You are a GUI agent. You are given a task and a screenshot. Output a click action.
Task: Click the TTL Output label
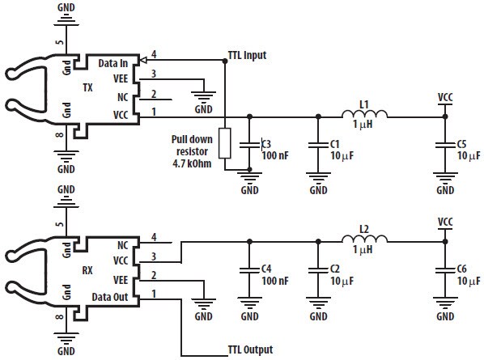click(247, 349)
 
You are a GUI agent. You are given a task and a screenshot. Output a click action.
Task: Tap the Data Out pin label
click(112, 297)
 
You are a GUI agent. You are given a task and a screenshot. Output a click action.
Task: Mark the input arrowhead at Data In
click(143, 61)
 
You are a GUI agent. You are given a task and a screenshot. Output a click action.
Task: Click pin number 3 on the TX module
click(153, 74)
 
